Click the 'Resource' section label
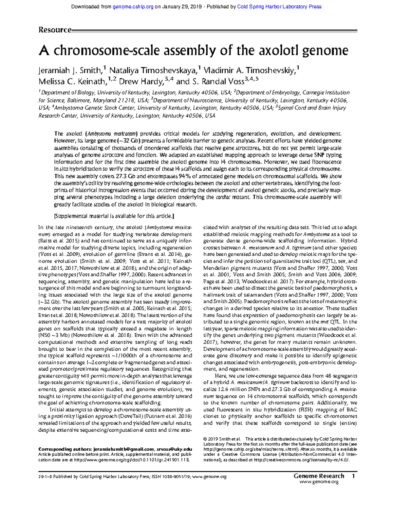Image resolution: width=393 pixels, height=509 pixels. (55, 30)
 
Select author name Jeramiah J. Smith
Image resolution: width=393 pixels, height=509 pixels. (69, 70)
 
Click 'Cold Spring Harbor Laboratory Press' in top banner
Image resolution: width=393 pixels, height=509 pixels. (279, 7)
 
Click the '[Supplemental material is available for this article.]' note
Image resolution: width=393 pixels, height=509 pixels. (114, 216)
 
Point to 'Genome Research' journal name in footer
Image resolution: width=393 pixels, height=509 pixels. (319, 476)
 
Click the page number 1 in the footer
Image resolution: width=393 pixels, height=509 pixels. (353, 476)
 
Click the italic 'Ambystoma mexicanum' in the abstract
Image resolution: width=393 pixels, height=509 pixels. (112, 134)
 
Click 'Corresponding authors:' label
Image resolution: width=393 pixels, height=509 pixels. (65, 449)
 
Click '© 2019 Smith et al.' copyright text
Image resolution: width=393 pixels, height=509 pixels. (222, 439)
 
